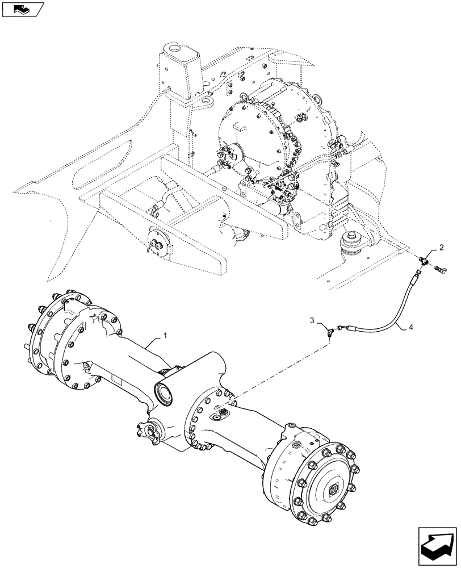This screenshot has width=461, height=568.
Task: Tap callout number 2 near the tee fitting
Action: pyautogui.click(x=441, y=248)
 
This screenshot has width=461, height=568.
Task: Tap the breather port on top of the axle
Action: pyautogui.click(x=219, y=415)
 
